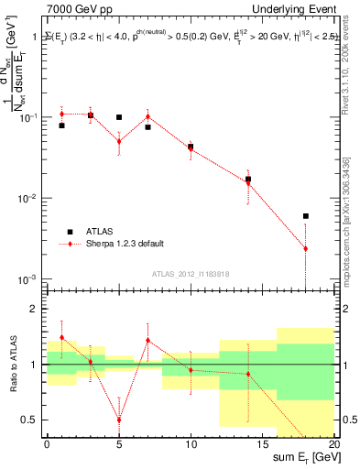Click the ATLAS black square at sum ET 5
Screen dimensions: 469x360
pyautogui.click(x=119, y=117)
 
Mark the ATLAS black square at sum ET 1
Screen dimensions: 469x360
pyautogui.click(x=61, y=125)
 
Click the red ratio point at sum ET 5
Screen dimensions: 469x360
pyautogui.click(x=119, y=420)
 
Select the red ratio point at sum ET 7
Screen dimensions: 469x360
pyautogui.click(x=147, y=340)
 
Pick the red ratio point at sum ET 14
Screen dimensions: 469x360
pyautogui.click(x=248, y=374)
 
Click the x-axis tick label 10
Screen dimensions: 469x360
pyautogui.click(x=191, y=442)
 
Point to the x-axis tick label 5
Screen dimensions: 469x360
pyautogui.click(x=119, y=442)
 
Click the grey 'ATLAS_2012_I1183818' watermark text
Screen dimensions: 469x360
pyautogui.click(x=191, y=273)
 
